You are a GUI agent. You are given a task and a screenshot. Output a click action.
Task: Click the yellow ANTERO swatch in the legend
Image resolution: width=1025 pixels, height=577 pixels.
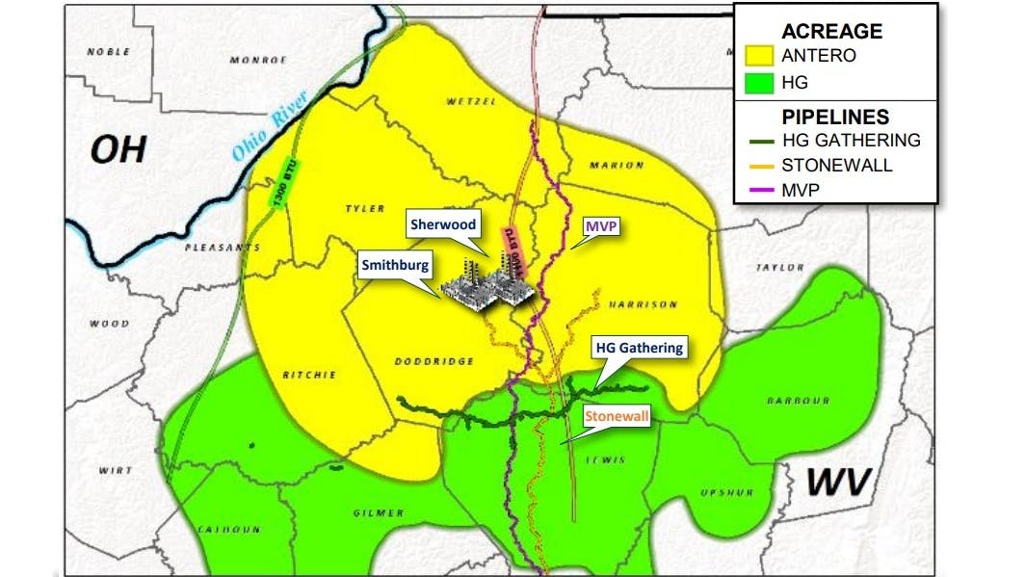coord(760,55)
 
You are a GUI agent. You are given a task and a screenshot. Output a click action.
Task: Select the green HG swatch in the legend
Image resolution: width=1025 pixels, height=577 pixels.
coord(760,83)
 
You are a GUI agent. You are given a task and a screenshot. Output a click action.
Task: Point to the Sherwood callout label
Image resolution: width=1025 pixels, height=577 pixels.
coord(443,224)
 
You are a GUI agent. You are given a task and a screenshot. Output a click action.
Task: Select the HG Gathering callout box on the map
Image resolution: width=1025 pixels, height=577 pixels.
coord(639,348)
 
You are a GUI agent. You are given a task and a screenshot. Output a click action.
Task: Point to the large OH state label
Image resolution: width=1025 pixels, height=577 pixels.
coord(118,149)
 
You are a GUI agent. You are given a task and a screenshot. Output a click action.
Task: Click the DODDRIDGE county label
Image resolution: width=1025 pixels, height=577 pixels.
coord(434,361)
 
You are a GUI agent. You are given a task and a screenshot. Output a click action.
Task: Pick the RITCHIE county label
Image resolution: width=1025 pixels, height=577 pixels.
coord(308,375)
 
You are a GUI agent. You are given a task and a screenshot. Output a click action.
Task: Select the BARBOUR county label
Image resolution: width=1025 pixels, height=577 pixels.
coord(799,401)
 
